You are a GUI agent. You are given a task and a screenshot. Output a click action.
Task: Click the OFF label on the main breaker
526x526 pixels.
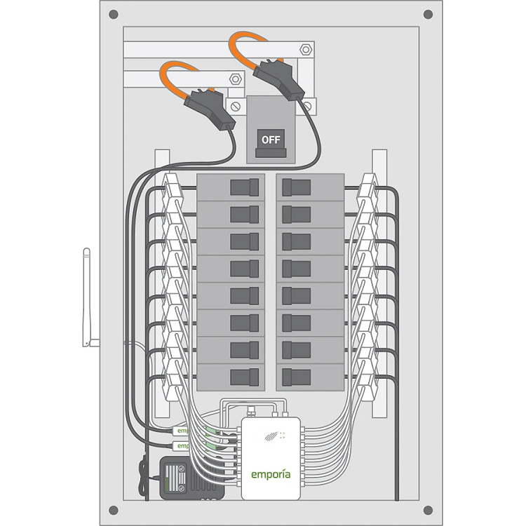[271, 139]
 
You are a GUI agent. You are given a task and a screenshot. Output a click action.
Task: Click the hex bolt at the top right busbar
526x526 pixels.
[305, 50]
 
